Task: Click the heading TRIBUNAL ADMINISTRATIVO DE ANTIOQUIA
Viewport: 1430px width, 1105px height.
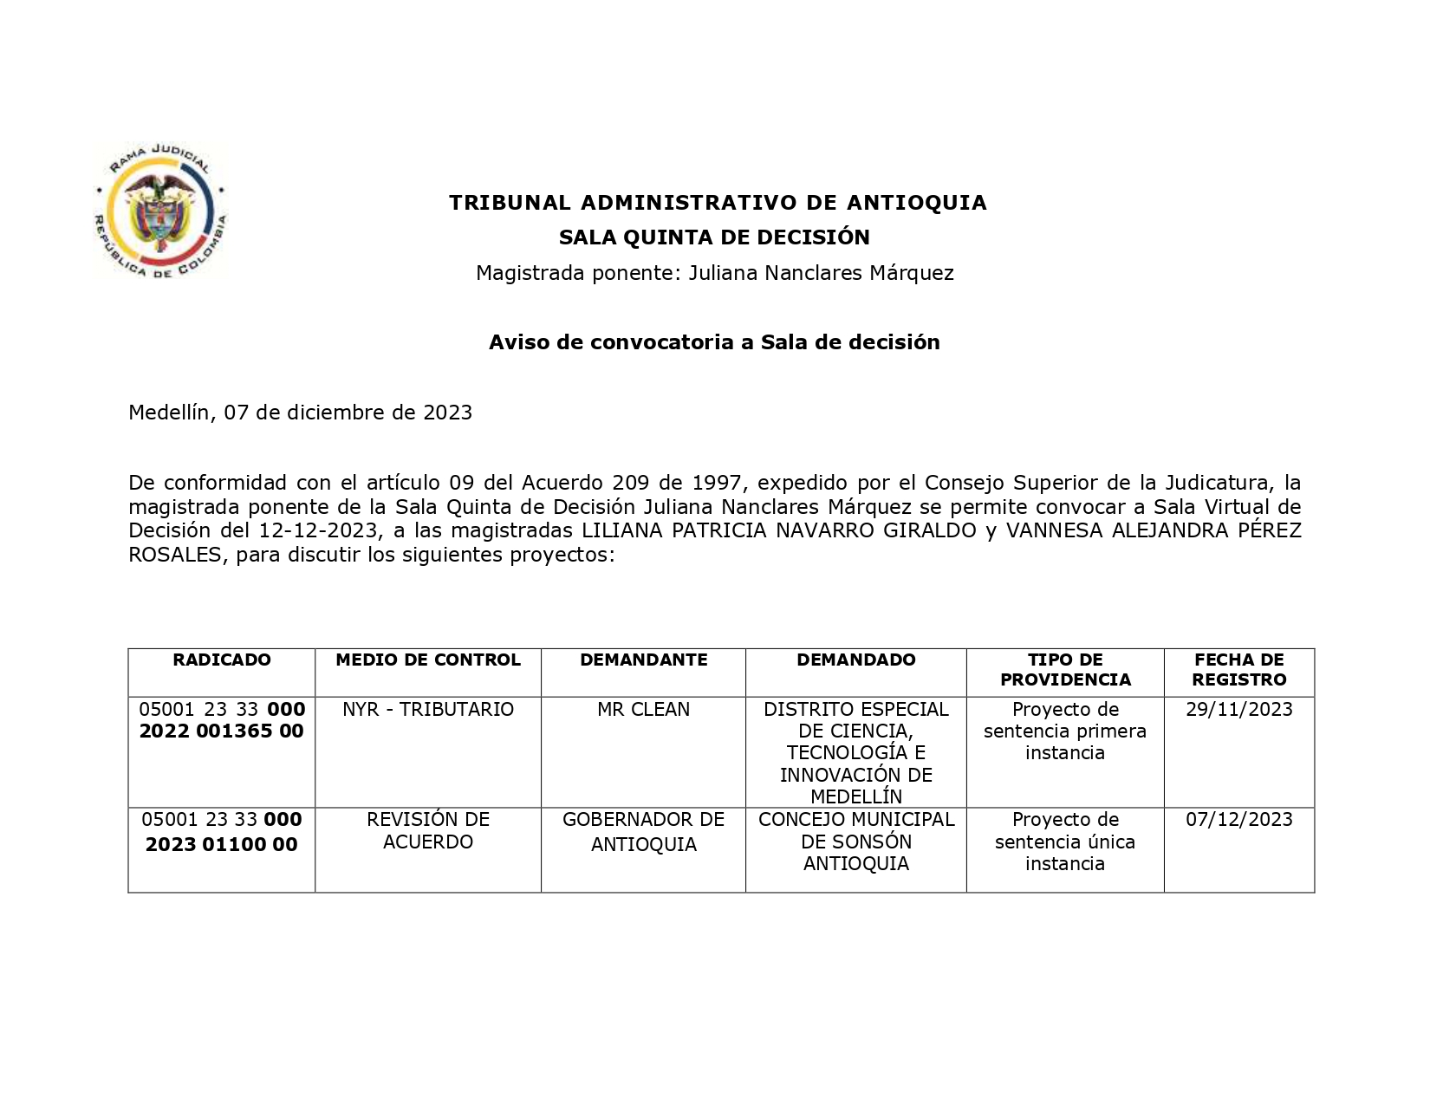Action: [x=718, y=203]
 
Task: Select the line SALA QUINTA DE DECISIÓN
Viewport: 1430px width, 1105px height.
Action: [x=714, y=237]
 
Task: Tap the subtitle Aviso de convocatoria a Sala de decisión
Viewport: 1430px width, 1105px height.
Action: [x=714, y=342]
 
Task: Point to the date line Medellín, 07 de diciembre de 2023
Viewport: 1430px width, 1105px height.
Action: [x=300, y=413]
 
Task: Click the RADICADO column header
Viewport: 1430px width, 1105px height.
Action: [x=222, y=660]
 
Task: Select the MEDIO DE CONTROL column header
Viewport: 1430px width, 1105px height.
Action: [x=428, y=660]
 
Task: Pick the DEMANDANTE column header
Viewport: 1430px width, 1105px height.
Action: [x=643, y=660]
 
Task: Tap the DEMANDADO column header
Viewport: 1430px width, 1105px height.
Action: [x=855, y=660]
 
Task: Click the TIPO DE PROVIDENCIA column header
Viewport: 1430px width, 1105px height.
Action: [x=1065, y=670]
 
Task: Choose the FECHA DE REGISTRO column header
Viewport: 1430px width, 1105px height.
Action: [x=1238, y=670]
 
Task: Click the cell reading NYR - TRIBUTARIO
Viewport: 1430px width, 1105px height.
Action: [x=428, y=710]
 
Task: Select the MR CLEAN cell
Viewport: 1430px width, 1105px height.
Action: [x=643, y=710]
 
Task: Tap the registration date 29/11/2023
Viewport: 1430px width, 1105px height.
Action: [x=1238, y=710]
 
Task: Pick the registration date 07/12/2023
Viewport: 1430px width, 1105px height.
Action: [x=1238, y=820]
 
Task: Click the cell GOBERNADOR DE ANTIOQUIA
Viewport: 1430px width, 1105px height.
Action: [x=643, y=832]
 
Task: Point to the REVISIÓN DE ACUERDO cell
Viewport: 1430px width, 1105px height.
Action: [x=428, y=831]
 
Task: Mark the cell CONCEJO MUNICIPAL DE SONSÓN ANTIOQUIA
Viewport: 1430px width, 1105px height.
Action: [x=855, y=842]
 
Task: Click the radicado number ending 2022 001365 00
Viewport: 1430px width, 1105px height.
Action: [x=222, y=721]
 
